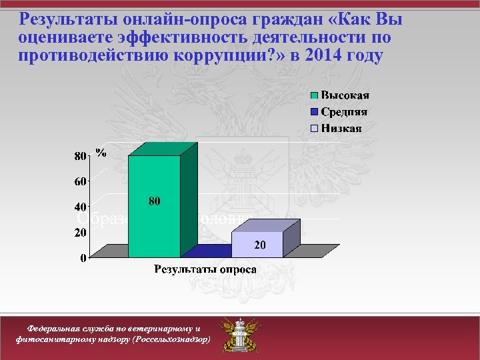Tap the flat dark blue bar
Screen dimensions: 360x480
pyautogui.click(x=207, y=251)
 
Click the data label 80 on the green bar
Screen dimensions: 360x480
pyautogui.click(x=154, y=201)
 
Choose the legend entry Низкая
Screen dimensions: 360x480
pyautogui.click(x=341, y=128)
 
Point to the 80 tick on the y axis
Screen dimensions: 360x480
pyautogui.click(x=79, y=156)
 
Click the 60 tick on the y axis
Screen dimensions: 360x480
pyautogui.click(x=79, y=181)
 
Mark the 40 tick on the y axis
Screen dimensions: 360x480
pyautogui.click(x=79, y=207)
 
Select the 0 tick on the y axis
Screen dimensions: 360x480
pyautogui.click(x=83, y=258)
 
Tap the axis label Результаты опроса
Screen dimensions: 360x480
pyautogui.click(x=205, y=269)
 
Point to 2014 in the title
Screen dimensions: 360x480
pyautogui.click(x=326, y=55)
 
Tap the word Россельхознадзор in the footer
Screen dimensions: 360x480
pyautogui.click(x=171, y=339)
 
